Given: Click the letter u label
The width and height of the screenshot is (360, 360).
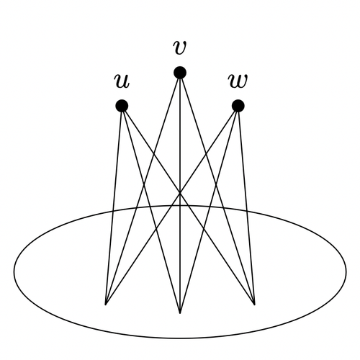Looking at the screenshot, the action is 122,81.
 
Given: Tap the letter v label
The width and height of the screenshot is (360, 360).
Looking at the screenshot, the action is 180,48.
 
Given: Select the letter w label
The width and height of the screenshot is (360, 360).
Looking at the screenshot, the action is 238,81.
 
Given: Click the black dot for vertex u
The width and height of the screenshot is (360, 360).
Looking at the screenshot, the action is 122,106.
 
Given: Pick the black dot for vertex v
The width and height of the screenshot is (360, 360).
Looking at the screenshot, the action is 180,72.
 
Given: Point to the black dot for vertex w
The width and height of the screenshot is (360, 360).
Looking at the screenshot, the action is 238,106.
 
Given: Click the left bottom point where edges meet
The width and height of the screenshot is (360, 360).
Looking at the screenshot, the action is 106,305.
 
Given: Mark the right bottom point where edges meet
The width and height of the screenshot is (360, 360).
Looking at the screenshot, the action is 254,305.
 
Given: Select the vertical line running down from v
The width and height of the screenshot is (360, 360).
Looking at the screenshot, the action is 180,193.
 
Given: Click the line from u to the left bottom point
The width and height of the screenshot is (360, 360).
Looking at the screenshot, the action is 114,205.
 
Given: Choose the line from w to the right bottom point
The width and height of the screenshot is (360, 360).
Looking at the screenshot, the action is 246,205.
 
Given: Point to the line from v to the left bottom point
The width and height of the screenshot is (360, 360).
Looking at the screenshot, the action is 143,189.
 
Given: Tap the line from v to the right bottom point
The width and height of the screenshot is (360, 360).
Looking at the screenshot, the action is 217,189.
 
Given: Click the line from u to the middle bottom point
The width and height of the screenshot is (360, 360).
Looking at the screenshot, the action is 151,210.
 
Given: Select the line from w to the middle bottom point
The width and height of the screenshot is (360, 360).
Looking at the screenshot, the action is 209,210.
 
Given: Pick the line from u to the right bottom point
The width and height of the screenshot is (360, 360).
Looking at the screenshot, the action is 188,205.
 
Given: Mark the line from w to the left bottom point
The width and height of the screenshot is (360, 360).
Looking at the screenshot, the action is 172,205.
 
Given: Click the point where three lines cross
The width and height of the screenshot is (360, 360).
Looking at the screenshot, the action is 180,192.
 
